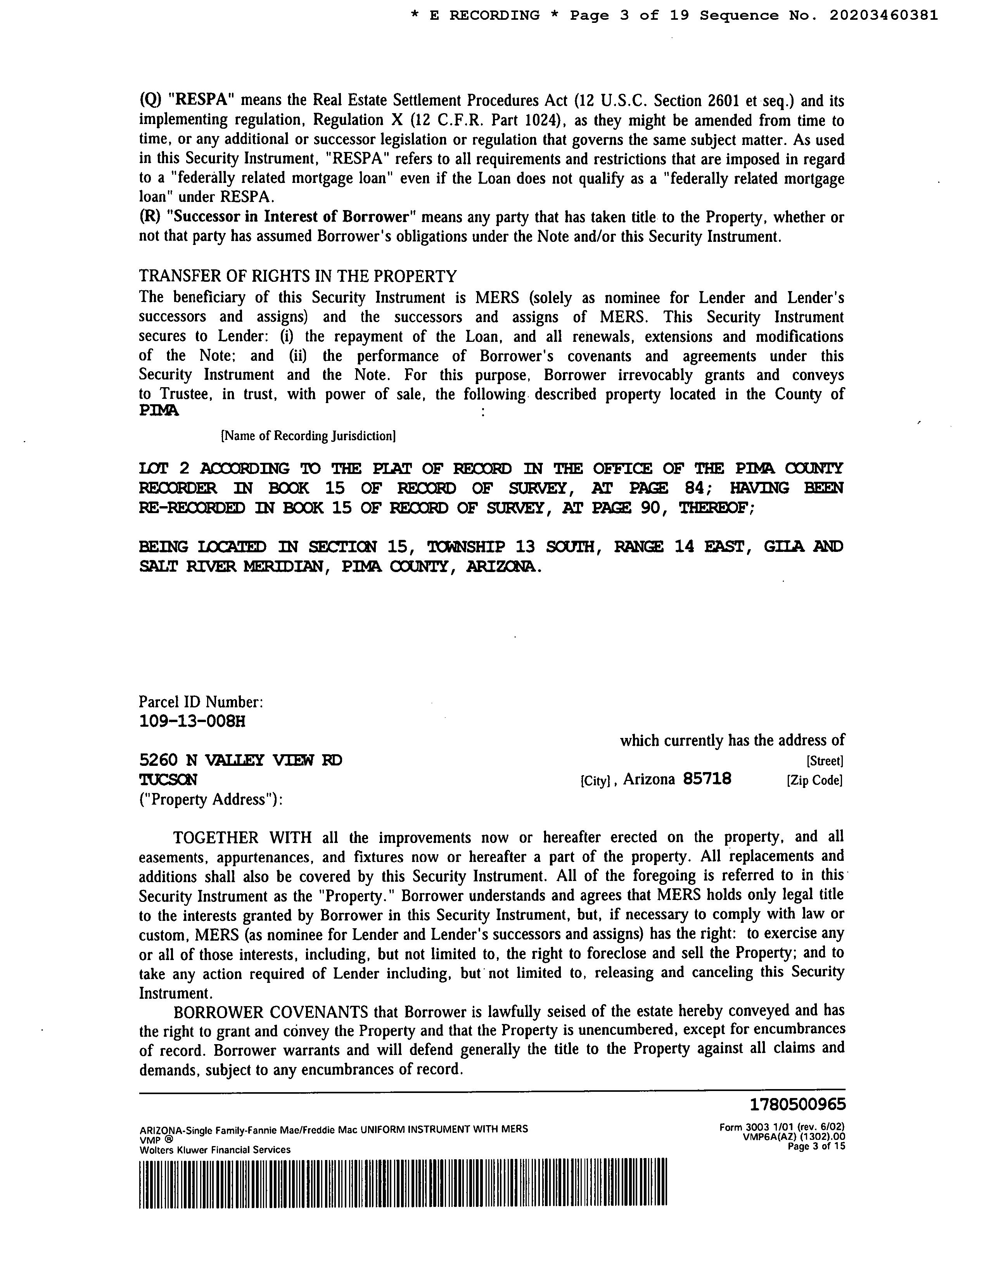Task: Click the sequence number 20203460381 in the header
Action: click(883, 16)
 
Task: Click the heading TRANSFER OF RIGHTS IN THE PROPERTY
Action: click(297, 276)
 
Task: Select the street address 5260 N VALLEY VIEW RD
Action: click(240, 760)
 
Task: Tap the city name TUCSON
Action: click(168, 779)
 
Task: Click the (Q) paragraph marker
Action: click(150, 101)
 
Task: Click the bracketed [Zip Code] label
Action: click(814, 780)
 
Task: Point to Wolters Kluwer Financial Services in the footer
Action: click(214, 1150)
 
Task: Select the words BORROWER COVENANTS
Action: click(271, 1011)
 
